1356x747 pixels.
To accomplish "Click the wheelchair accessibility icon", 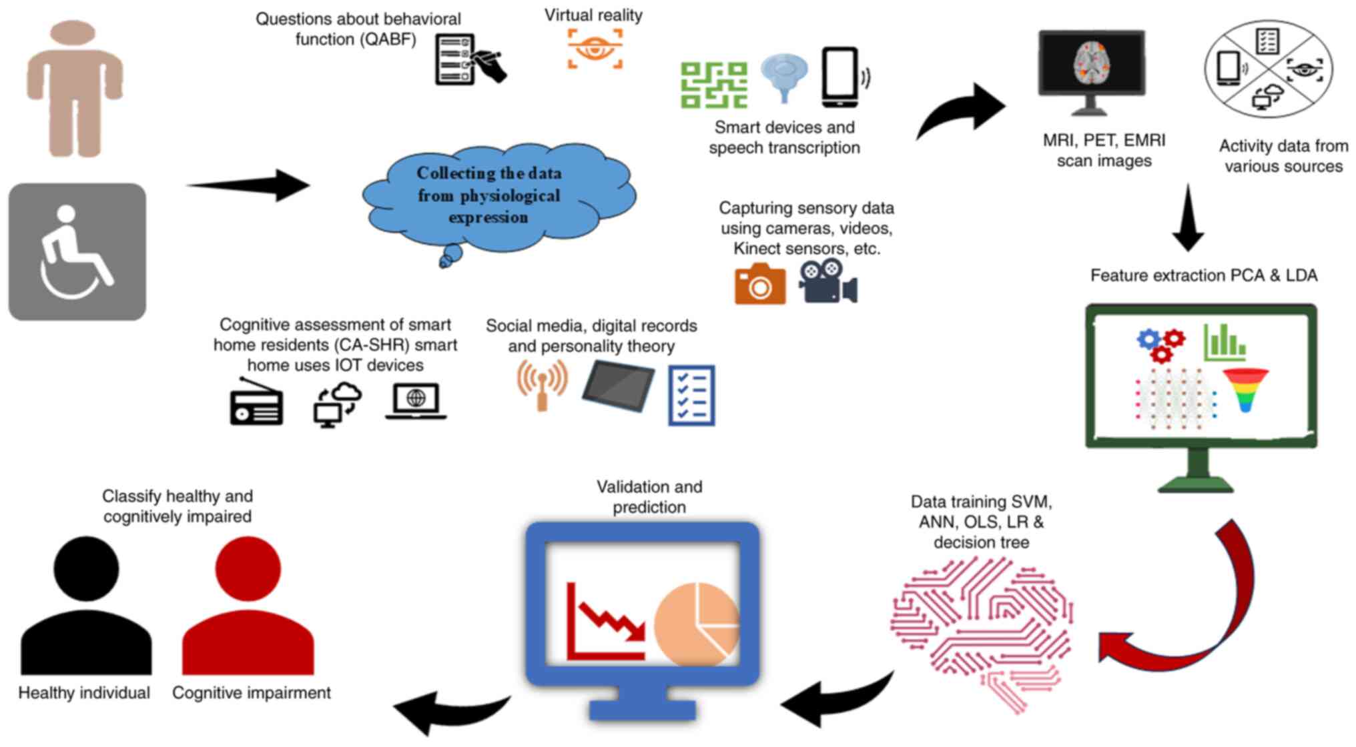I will coord(77,252).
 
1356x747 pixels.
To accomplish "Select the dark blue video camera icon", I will coord(827,281).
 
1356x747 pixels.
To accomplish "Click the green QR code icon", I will coord(713,85).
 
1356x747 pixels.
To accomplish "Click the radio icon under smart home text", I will coord(256,403).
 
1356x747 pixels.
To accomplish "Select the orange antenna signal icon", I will coord(542,385).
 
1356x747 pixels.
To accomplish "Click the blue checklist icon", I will coord(691,395).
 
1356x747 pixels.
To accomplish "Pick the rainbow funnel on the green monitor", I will coord(1245,390).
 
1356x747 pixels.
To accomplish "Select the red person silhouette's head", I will coord(248,569).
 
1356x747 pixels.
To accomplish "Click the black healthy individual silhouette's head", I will coord(86,569).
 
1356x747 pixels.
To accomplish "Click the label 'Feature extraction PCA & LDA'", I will coord(1203,275).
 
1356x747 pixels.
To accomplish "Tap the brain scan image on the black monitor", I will coord(1091,64).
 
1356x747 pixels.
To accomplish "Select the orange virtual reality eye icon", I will coord(595,48).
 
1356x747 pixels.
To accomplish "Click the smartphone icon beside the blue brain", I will coord(840,77).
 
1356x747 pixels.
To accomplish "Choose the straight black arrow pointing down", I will coord(1188,218).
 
